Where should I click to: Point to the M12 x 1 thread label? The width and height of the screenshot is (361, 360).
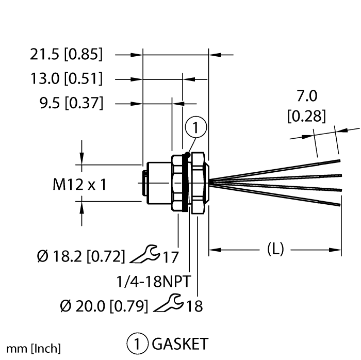(x=79, y=184)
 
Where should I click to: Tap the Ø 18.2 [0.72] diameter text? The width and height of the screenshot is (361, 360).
(x=81, y=255)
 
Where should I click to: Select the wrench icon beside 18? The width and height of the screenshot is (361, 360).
(x=169, y=304)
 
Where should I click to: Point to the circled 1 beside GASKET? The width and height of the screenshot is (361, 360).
(x=137, y=343)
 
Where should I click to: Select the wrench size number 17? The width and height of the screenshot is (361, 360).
(x=170, y=255)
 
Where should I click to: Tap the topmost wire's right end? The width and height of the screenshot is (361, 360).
(x=340, y=161)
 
